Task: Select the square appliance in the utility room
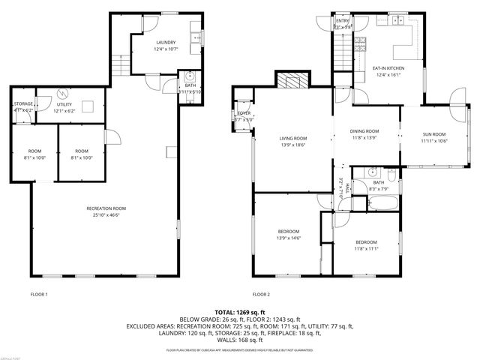point(88,106)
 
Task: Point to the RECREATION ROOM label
point(105,208)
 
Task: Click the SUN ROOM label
point(433,134)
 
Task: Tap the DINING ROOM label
point(364,131)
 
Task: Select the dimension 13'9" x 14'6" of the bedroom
point(289,238)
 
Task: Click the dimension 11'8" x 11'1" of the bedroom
point(366,248)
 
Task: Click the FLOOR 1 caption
point(39,294)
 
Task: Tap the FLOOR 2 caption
point(261,294)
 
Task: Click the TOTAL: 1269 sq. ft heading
point(240,311)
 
